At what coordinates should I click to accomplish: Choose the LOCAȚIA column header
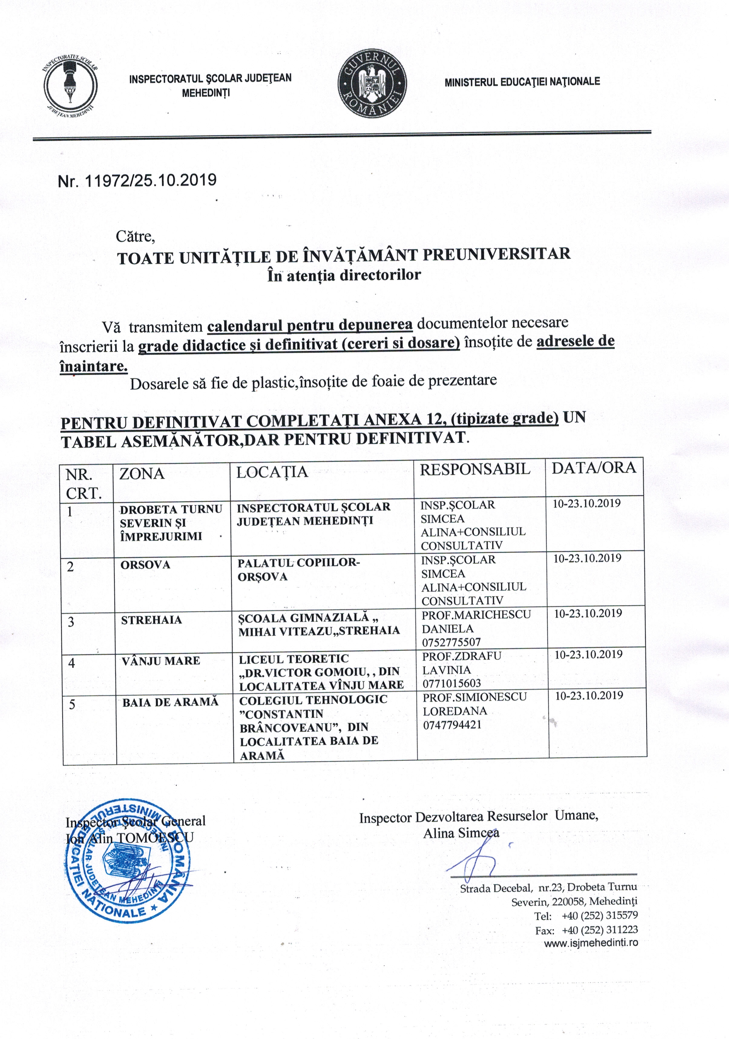pos(272,472)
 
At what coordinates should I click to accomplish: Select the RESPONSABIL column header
pos(475,469)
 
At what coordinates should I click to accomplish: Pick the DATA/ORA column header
pos(593,467)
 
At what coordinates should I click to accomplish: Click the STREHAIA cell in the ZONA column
pos(151,620)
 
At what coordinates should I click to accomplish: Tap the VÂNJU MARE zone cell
pos(160,661)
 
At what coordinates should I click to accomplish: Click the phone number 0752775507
pos(451,642)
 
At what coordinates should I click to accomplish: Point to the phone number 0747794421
pos(452,725)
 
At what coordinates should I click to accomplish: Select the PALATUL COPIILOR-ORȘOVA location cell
pos(299,569)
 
